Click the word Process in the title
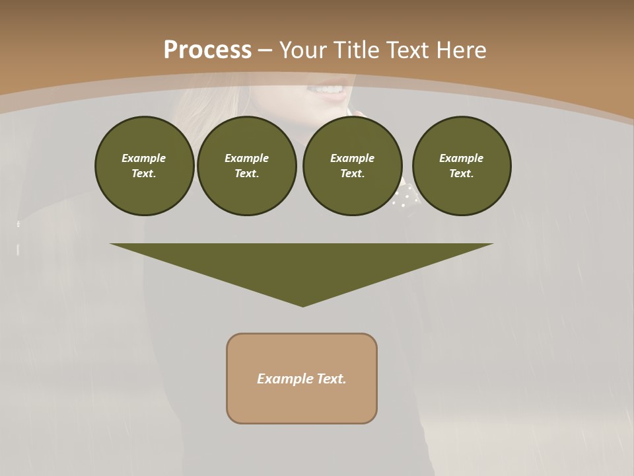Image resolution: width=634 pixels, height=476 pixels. (207, 50)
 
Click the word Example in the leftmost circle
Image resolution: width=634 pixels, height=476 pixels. (143, 158)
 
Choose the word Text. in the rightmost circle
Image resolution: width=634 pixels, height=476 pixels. (461, 173)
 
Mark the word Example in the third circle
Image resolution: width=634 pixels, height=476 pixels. (352, 158)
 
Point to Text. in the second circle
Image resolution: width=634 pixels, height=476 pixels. (246, 173)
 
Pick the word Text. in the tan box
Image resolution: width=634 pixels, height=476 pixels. (332, 379)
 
